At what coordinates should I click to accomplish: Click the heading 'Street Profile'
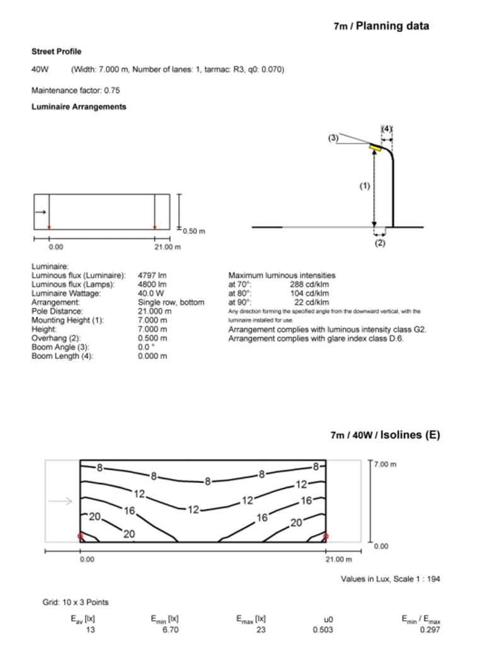[x=56, y=52]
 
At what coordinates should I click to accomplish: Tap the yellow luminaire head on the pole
[x=376, y=147]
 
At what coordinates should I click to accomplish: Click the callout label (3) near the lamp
[x=333, y=137]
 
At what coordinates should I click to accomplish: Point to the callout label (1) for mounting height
[x=364, y=187]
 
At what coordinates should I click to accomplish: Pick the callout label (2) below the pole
[x=380, y=244]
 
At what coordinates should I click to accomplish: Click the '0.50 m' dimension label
[x=194, y=231]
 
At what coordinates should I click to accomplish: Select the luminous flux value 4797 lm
[x=152, y=275]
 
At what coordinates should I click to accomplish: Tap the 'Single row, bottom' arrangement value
[x=171, y=302]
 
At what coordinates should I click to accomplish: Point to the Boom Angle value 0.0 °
[x=147, y=348]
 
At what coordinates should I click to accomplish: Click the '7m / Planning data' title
[x=381, y=26]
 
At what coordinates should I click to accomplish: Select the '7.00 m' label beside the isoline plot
[x=385, y=464]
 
